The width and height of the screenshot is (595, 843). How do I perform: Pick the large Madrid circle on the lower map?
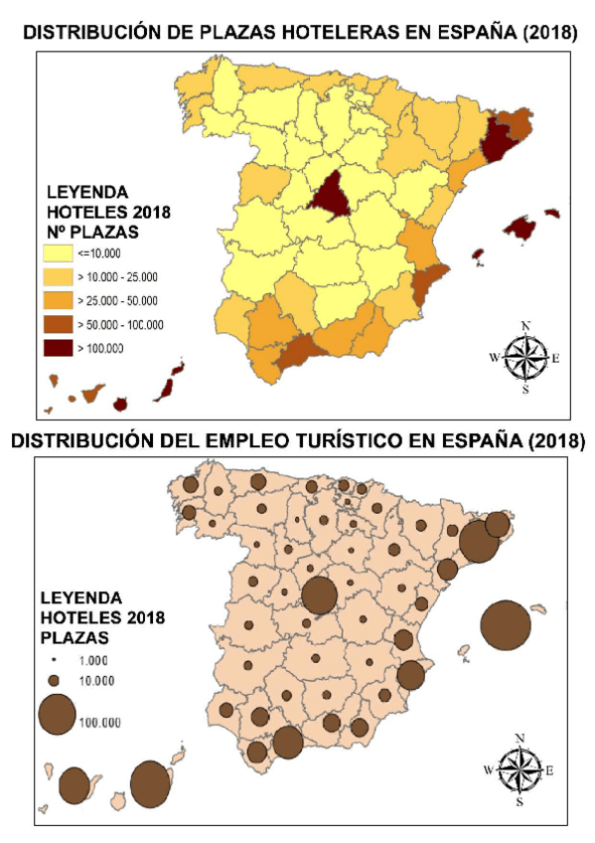[x=320, y=594]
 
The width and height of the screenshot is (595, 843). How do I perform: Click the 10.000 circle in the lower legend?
[x=56, y=680]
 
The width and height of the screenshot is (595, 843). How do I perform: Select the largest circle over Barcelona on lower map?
[x=478, y=542]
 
